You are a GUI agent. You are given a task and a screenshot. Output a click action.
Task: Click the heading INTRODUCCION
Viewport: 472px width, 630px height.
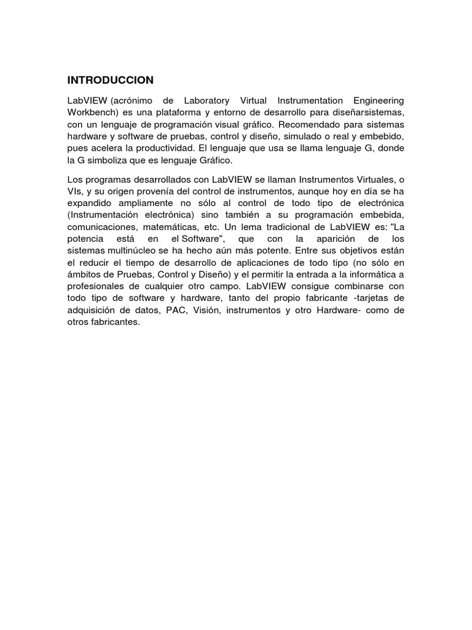(110, 81)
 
